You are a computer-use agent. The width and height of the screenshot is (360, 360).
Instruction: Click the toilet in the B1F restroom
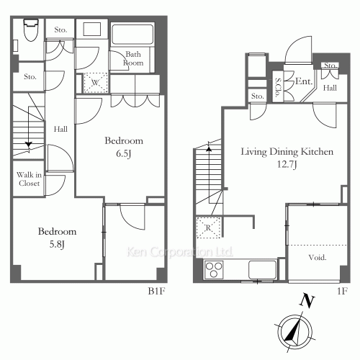[x=31, y=30]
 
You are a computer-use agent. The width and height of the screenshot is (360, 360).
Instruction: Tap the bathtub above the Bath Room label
[x=132, y=34]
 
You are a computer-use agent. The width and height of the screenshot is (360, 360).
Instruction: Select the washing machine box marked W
[x=95, y=83]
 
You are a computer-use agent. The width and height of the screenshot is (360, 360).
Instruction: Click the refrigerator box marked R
[x=208, y=228]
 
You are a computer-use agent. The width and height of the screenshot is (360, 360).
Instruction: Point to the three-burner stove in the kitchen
[x=213, y=270]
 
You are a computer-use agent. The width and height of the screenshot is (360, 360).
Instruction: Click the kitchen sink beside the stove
[x=262, y=269]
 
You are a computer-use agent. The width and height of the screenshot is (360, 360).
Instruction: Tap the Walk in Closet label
[x=29, y=179]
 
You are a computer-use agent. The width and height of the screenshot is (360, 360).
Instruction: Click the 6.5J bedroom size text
[x=124, y=153]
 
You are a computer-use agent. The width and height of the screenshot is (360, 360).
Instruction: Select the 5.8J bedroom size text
[x=57, y=244]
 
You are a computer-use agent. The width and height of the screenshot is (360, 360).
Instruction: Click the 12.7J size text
[x=287, y=164]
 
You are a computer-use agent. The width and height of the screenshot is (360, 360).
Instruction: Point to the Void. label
[x=318, y=258]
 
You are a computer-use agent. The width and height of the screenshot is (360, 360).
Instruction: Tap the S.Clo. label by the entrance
[x=278, y=87]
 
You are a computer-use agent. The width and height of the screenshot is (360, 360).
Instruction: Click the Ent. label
[x=304, y=81]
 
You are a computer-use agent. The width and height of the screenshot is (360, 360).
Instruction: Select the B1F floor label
[x=157, y=291]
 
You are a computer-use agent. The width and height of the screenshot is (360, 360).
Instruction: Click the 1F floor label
[x=342, y=291]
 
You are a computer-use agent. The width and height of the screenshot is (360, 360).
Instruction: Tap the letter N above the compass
[x=307, y=300]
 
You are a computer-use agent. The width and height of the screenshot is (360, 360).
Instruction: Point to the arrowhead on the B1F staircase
[x=29, y=145]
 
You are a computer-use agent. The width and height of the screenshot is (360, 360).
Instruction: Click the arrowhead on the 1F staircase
[x=209, y=148]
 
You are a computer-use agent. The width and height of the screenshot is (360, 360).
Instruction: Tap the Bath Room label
[x=133, y=58]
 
